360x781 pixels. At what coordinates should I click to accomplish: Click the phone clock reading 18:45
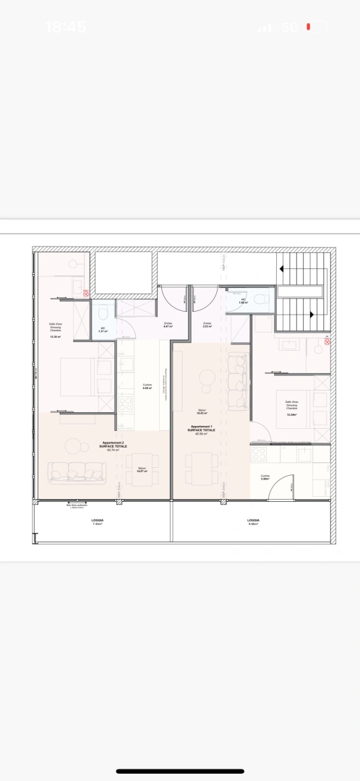[66, 27]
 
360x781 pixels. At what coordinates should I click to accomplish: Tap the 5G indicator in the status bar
[290, 27]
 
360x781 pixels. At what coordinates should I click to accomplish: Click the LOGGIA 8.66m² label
[253, 521]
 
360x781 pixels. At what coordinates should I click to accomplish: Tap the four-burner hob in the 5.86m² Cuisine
[259, 454]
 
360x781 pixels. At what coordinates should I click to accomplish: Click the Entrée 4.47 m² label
[168, 325]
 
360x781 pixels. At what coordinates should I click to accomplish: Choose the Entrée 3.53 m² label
[207, 325]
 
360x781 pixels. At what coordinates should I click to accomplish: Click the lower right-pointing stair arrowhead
[311, 315]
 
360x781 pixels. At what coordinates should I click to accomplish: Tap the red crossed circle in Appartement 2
[85, 293]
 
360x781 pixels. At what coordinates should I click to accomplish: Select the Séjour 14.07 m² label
[142, 470]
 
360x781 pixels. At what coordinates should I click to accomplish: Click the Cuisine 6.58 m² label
[147, 387]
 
